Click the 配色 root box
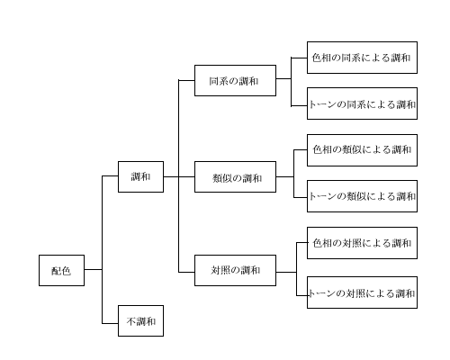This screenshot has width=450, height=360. [61, 270]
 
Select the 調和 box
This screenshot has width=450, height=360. [140, 176]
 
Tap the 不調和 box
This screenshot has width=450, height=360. [140, 320]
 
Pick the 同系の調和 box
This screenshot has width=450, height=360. [235, 80]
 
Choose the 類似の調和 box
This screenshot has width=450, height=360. [235, 176]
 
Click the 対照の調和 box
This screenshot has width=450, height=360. [235, 270]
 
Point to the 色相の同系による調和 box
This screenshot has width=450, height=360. [362, 58]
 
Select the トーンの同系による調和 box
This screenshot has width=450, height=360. [362, 103]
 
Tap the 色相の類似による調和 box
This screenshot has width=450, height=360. [362, 150]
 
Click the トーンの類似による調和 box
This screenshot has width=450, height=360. [362, 196]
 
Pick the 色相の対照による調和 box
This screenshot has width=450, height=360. [362, 243]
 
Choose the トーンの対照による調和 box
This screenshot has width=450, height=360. [362, 292]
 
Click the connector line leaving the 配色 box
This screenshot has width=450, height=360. [94, 269]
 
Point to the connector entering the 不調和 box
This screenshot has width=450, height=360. [110, 323]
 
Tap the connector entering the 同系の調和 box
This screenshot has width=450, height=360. [186, 80]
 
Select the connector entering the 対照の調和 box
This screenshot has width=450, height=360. [186, 272]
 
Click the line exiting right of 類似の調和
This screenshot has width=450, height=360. [285, 176]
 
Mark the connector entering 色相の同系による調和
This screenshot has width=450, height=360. [299, 58]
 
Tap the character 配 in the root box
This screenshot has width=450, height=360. [56, 271]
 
